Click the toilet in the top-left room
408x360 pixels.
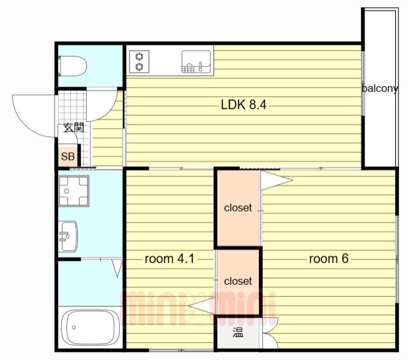73,66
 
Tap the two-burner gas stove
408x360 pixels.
139,62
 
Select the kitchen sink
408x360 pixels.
196,62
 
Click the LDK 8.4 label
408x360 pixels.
244,105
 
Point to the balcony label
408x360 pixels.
380,89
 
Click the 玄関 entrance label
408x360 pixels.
74,127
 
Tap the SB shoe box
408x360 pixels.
68,157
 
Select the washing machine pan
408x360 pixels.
74,191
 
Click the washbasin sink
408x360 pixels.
68,236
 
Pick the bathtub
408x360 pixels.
91,328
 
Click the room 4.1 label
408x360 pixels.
170,259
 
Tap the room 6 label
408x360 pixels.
329,259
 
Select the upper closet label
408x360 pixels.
238,208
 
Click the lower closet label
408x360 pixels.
238,281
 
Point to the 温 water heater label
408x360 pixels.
238,332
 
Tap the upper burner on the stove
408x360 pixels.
139,57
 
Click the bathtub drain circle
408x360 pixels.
74,328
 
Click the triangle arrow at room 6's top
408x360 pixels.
277,180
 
